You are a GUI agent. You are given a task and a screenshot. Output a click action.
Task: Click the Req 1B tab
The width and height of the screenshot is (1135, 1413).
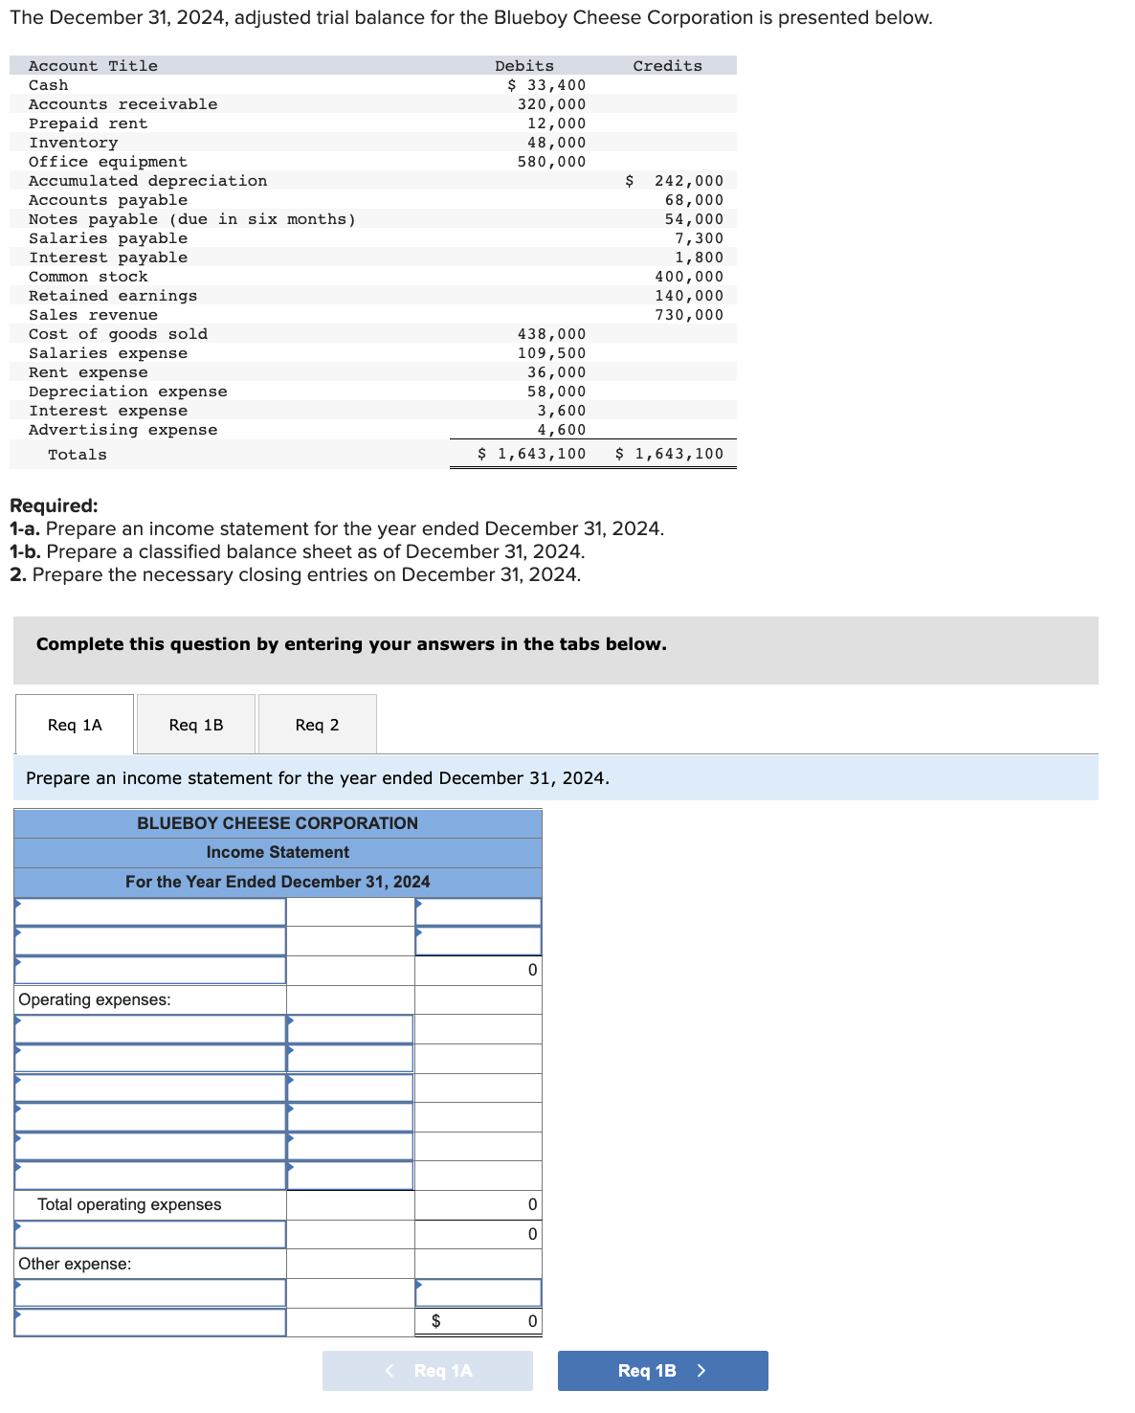(x=196, y=725)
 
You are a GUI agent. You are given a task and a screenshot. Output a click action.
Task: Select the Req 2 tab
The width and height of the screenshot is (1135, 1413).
(x=317, y=725)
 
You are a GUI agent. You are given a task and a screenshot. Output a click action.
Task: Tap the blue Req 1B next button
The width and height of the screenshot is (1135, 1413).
(x=662, y=1371)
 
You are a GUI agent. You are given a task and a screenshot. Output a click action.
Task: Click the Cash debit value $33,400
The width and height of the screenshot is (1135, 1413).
(x=546, y=85)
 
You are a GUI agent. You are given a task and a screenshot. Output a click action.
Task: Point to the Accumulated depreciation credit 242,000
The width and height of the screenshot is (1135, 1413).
(x=688, y=181)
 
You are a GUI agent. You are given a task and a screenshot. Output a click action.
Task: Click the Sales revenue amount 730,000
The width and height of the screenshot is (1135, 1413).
(x=689, y=315)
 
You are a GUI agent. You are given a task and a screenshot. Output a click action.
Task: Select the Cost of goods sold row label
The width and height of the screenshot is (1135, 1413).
(x=118, y=334)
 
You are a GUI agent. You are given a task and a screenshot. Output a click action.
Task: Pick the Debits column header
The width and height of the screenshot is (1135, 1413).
(x=523, y=66)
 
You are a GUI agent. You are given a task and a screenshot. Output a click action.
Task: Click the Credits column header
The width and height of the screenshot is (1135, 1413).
(x=667, y=66)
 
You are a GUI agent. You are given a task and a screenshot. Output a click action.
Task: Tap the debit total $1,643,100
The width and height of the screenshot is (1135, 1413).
(x=532, y=454)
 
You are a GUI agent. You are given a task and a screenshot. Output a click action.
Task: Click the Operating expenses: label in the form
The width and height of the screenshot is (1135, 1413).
(x=95, y=999)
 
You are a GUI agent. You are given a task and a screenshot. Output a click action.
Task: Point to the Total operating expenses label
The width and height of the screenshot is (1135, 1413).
(x=129, y=1204)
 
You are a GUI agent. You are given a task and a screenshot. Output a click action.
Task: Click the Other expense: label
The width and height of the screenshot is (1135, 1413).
(x=75, y=1264)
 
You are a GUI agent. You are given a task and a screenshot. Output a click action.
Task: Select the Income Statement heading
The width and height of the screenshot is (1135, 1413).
(x=278, y=852)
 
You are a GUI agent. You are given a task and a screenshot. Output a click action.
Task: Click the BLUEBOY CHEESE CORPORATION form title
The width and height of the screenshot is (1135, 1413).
(x=278, y=823)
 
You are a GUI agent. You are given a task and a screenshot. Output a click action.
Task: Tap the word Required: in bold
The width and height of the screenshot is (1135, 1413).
(x=54, y=505)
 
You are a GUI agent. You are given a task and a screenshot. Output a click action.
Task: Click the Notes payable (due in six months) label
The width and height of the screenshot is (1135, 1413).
(x=191, y=219)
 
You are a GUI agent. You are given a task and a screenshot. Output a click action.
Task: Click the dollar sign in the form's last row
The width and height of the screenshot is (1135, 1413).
(x=436, y=1321)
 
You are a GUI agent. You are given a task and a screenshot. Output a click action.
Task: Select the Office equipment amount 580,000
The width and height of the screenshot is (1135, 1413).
(x=551, y=162)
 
